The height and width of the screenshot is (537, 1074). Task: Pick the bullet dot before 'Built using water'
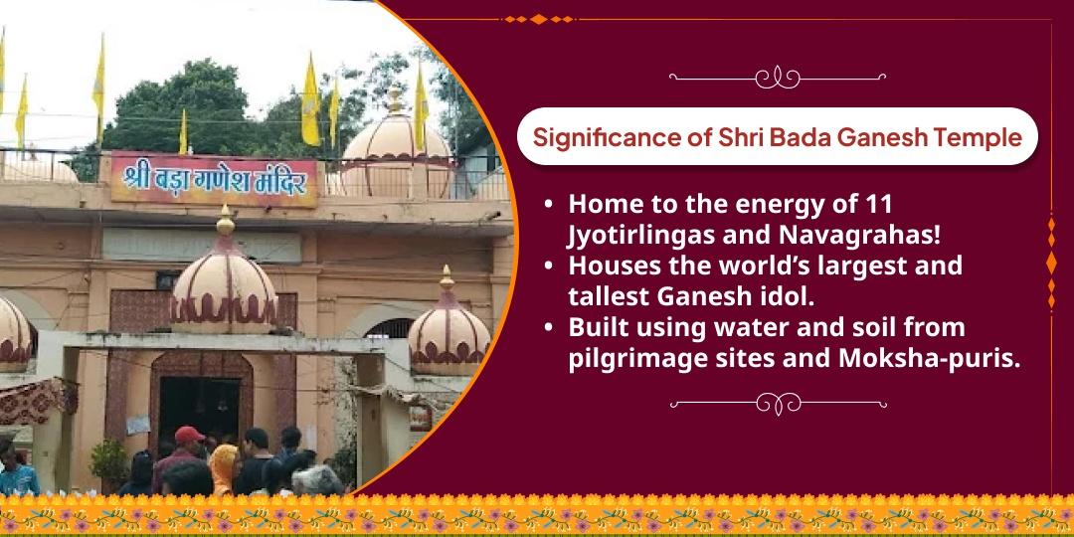coord(549,328)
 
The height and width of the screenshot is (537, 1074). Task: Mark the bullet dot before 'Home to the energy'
coord(549,204)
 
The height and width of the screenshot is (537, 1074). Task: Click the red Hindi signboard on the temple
coord(215,180)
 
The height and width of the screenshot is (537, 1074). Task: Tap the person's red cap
coord(188,435)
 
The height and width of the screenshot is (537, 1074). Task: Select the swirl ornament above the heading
coord(778,77)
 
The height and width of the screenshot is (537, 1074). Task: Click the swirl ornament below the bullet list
coord(778,404)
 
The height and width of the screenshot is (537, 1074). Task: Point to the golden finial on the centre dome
coord(226,221)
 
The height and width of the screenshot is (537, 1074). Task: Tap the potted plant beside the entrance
coord(109,464)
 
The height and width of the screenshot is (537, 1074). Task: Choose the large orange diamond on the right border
coord(1051,263)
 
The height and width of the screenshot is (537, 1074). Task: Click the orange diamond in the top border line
coord(538,19)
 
